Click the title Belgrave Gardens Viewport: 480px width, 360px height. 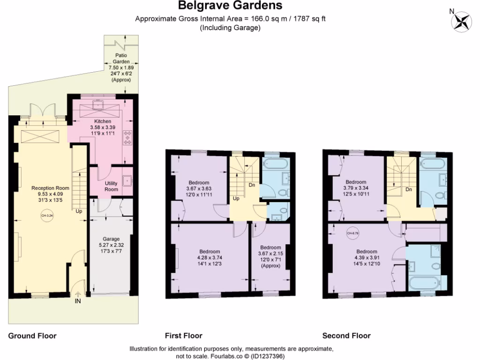click(x=230, y=6)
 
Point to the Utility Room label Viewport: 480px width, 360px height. click(x=111, y=186)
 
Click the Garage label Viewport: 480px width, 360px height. click(x=111, y=239)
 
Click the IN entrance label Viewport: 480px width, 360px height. click(x=78, y=301)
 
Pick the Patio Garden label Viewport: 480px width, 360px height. click(x=121, y=58)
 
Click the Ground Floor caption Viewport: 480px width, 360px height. click(x=32, y=336)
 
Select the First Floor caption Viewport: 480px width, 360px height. click(x=183, y=336)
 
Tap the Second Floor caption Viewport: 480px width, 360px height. click(x=346, y=336)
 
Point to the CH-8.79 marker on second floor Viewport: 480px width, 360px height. click(x=352, y=233)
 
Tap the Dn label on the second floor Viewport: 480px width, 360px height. click(x=409, y=189)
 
